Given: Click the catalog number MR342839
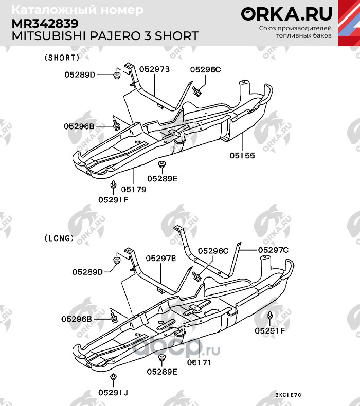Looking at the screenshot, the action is point(45,24).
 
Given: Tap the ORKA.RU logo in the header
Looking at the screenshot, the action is point(286,14).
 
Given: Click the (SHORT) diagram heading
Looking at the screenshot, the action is point(62,58).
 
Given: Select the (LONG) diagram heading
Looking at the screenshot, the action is point(59,238).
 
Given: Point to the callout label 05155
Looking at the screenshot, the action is point(242,155).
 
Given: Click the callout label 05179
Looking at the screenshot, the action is point(134,189).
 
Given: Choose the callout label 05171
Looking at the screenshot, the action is point(199,362).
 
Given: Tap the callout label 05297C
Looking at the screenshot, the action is point(273,250).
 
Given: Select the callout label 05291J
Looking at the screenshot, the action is point(113,393).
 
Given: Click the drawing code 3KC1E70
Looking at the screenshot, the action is point(288,395).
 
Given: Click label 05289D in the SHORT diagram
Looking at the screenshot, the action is point(80,75).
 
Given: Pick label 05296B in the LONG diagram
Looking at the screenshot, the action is point(77,319).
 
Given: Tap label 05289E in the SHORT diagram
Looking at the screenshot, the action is point(162,179).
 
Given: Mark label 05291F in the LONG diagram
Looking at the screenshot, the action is point(269,330).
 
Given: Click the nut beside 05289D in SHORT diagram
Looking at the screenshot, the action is point(117,76).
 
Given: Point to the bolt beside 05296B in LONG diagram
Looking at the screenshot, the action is point(114,318).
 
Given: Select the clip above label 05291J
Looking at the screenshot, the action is point(113,377).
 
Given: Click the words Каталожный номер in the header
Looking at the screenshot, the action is point(78,10).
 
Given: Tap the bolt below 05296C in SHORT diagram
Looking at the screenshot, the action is point(197,91).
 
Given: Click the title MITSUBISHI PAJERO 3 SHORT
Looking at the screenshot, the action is point(105,36).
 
